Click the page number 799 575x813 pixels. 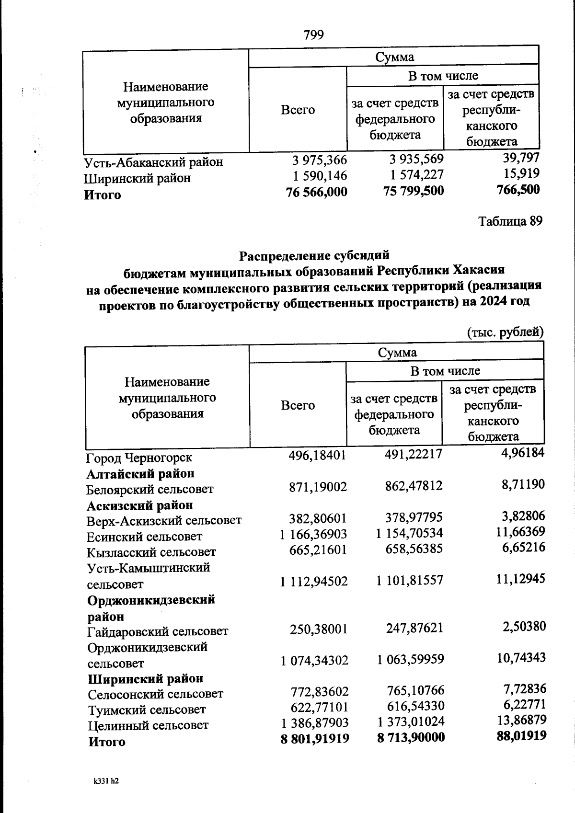pyautogui.click(x=314, y=35)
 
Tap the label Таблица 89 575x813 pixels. pyautogui.click(x=510, y=221)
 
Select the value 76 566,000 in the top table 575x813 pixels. pyautogui.click(x=316, y=192)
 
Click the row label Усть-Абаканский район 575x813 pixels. pyautogui.click(x=153, y=162)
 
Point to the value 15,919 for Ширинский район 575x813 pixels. pyautogui.click(x=521, y=173)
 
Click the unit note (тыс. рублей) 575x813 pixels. pyautogui.click(x=505, y=332)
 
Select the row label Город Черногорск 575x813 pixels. pyautogui.click(x=139, y=458)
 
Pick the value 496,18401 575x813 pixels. pyautogui.click(x=317, y=455)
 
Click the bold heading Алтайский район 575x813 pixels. pyautogui.click(x=140, y=474)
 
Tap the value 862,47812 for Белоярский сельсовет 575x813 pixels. pyautogui.click(x=414, y=486)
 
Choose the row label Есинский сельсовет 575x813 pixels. pyautogui.click(x=144, y=537)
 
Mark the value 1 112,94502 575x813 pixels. pyautogui.click(x=314, y=582)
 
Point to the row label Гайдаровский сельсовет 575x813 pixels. pyautogui.click(x=158, y=631)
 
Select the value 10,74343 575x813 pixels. pyautogui.click(x=521, y=658)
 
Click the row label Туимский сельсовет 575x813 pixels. pyautogui.click(x=147, y=710)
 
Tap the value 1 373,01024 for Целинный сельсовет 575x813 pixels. pyautogui.click(x=411, y=721)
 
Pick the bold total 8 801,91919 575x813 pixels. pyautogui.click(x=315, y=738)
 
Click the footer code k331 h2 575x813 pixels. pyautogui.click(x=106, y=781)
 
